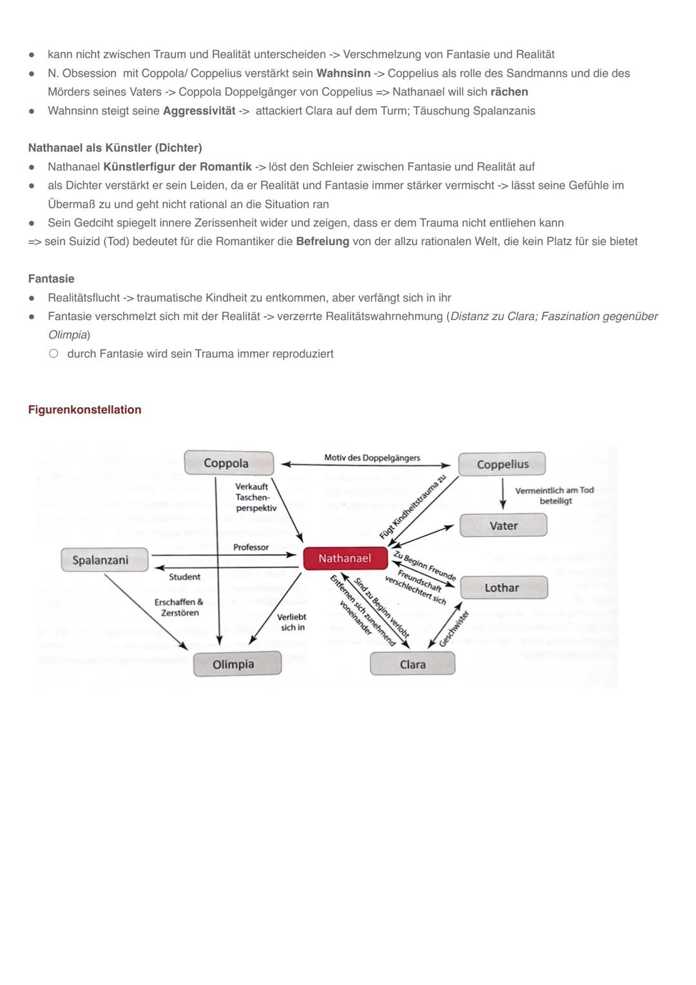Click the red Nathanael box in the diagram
[345, 559]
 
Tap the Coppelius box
[502, 464]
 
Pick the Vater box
[503, 526]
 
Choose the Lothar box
[503, 588]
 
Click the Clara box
[412, 664]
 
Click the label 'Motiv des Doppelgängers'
[372, 458]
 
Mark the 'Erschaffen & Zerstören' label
[179, 607]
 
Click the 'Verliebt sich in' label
[292, 622]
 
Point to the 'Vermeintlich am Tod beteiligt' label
[554, 495]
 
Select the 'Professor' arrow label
[251, 547]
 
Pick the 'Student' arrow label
[184, 577]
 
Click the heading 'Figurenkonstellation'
[84, 410]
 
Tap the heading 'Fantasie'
[51, 279]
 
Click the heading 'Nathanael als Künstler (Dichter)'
[115, 148]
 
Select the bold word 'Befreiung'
[322, 241]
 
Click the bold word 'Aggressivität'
[199, 111]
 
